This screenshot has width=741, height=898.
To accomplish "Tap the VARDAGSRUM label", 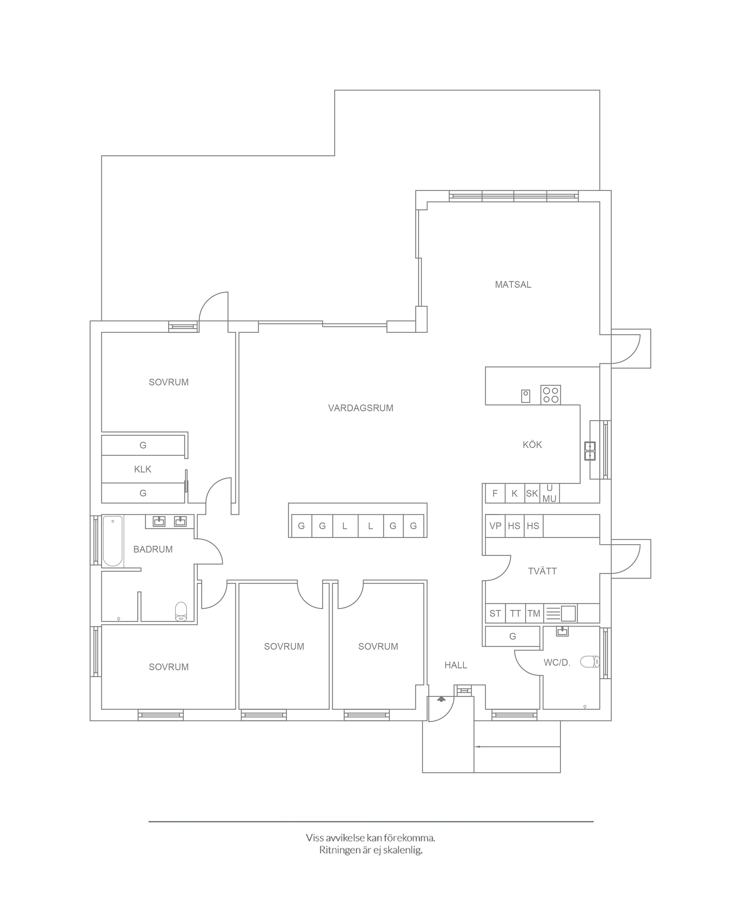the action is (361, 408).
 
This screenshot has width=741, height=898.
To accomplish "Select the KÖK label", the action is (532, 445).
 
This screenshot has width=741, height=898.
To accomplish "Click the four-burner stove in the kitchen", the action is (550, 395).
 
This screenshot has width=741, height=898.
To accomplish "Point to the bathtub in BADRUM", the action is (113, 541).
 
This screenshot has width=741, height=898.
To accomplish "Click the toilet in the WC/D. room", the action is (590, 662).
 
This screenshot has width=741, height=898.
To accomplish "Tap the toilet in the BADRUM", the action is (181, 612).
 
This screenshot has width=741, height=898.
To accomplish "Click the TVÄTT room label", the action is (542, 571).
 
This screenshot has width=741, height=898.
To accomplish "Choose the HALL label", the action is (456, 665).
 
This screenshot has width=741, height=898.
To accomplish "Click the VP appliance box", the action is (495, 526).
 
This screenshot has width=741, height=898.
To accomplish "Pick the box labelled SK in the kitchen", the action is (532, 494).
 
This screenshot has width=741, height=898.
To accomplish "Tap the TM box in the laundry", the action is (534, 614).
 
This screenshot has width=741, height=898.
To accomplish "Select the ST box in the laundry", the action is (495, 614).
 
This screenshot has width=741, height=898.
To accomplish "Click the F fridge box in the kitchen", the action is (495, 494).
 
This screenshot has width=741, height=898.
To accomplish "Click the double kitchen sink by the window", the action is (590, 451).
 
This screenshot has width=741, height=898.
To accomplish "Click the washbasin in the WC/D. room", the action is (562, 631).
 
